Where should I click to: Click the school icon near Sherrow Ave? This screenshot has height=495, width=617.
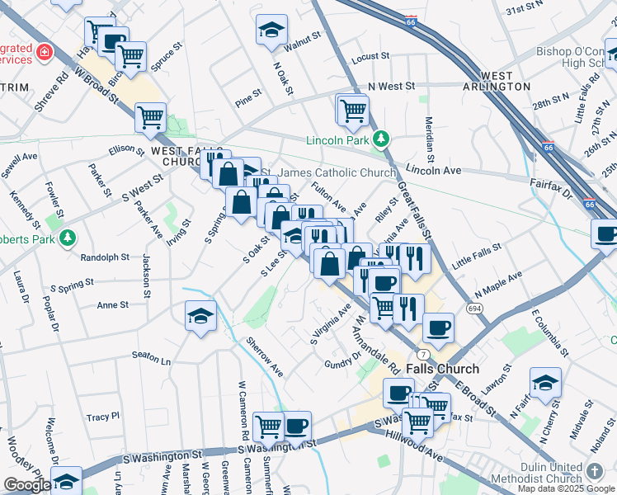point(200,317)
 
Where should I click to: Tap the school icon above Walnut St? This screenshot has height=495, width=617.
point(270,31)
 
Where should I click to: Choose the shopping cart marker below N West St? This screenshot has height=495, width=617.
point(352,109)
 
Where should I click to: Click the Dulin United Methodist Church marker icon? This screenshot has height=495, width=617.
point(595,471)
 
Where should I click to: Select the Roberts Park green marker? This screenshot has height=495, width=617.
point(68,238)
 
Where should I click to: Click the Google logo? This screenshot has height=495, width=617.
point(27,484)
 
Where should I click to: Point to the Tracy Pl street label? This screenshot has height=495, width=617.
point(103,417)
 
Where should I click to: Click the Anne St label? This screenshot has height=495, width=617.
point(112,304)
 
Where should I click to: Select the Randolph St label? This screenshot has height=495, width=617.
point(105,257)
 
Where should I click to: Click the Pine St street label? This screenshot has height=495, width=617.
point(247,103)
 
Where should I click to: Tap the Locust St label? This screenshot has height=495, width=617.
point(370,57)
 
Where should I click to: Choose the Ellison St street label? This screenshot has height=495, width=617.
point(125,149)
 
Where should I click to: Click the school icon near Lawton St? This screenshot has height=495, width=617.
point(545,383)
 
